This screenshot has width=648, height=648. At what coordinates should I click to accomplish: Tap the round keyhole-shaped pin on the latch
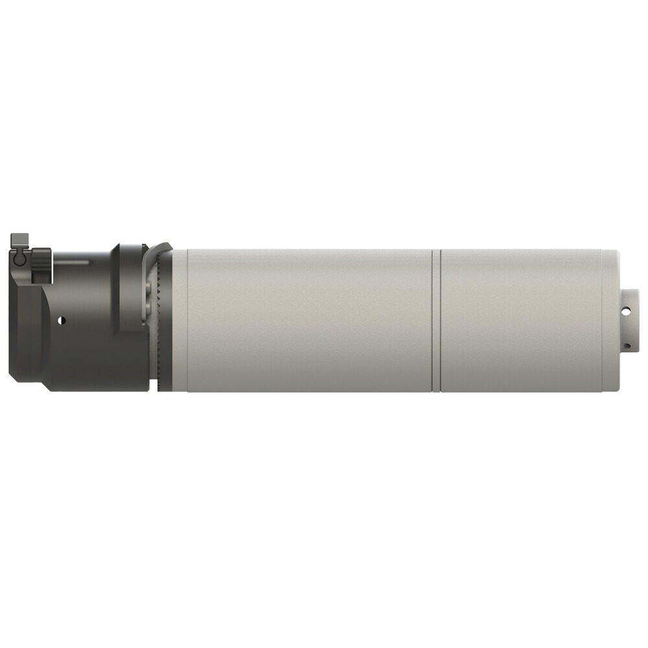[x=20, y=259]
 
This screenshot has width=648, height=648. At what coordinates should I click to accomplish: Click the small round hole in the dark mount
[x=62, y=319]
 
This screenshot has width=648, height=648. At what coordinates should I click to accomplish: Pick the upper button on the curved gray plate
[x=151, y=286]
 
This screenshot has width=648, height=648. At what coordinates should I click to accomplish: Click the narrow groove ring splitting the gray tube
[x=436, y=321]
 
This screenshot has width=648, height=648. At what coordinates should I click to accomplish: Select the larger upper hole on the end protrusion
[x=626, y=312]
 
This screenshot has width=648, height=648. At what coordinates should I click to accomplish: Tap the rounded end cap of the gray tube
[x=610, y=321]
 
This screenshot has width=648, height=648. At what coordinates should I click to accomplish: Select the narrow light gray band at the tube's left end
[x=179, y=321]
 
